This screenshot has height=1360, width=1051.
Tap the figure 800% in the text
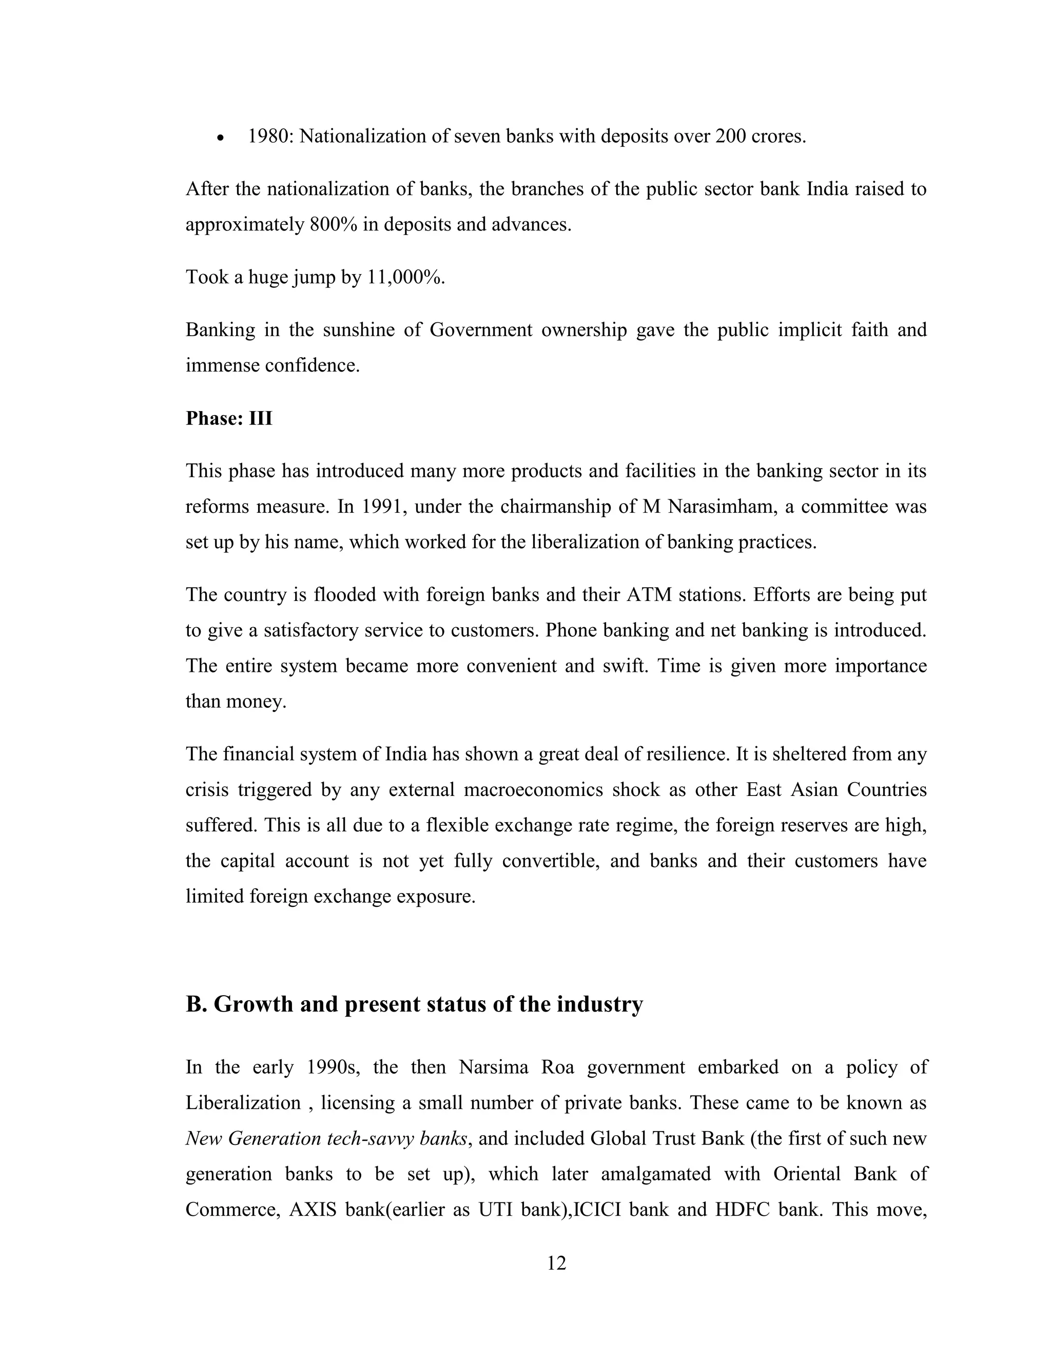point(333,224)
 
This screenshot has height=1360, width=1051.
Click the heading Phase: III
point(229,418)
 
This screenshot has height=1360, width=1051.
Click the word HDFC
point(741,1209)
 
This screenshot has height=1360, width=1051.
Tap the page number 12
point(556,1264)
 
